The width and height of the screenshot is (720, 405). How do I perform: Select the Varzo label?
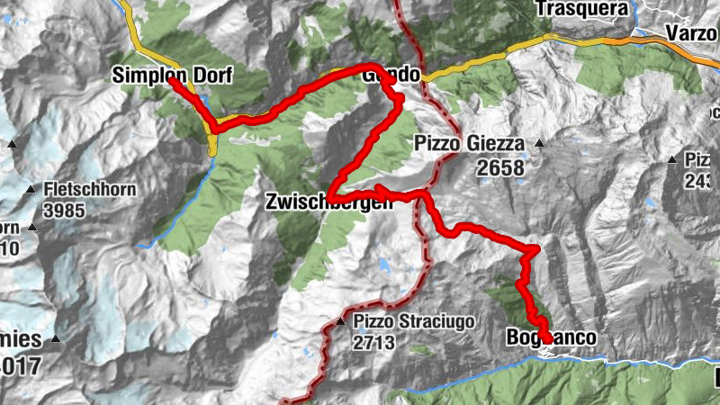point(690,33)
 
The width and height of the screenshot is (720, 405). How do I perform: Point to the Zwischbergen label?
point(329,203)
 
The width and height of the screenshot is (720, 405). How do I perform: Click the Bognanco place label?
point(551,338)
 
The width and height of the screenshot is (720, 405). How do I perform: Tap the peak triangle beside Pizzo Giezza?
point(539,143)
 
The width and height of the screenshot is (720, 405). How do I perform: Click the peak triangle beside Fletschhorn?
point(31,190)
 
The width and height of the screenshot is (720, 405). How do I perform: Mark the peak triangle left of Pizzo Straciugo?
point(340,321)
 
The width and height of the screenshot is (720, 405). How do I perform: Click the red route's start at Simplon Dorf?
point(171,81)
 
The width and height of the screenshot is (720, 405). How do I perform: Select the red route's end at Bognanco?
point(547,338)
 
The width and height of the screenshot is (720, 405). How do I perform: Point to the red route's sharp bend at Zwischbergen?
point(329,196)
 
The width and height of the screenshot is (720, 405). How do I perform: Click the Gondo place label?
point(391,76)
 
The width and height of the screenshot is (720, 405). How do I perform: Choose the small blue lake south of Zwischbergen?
point(385,266)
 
